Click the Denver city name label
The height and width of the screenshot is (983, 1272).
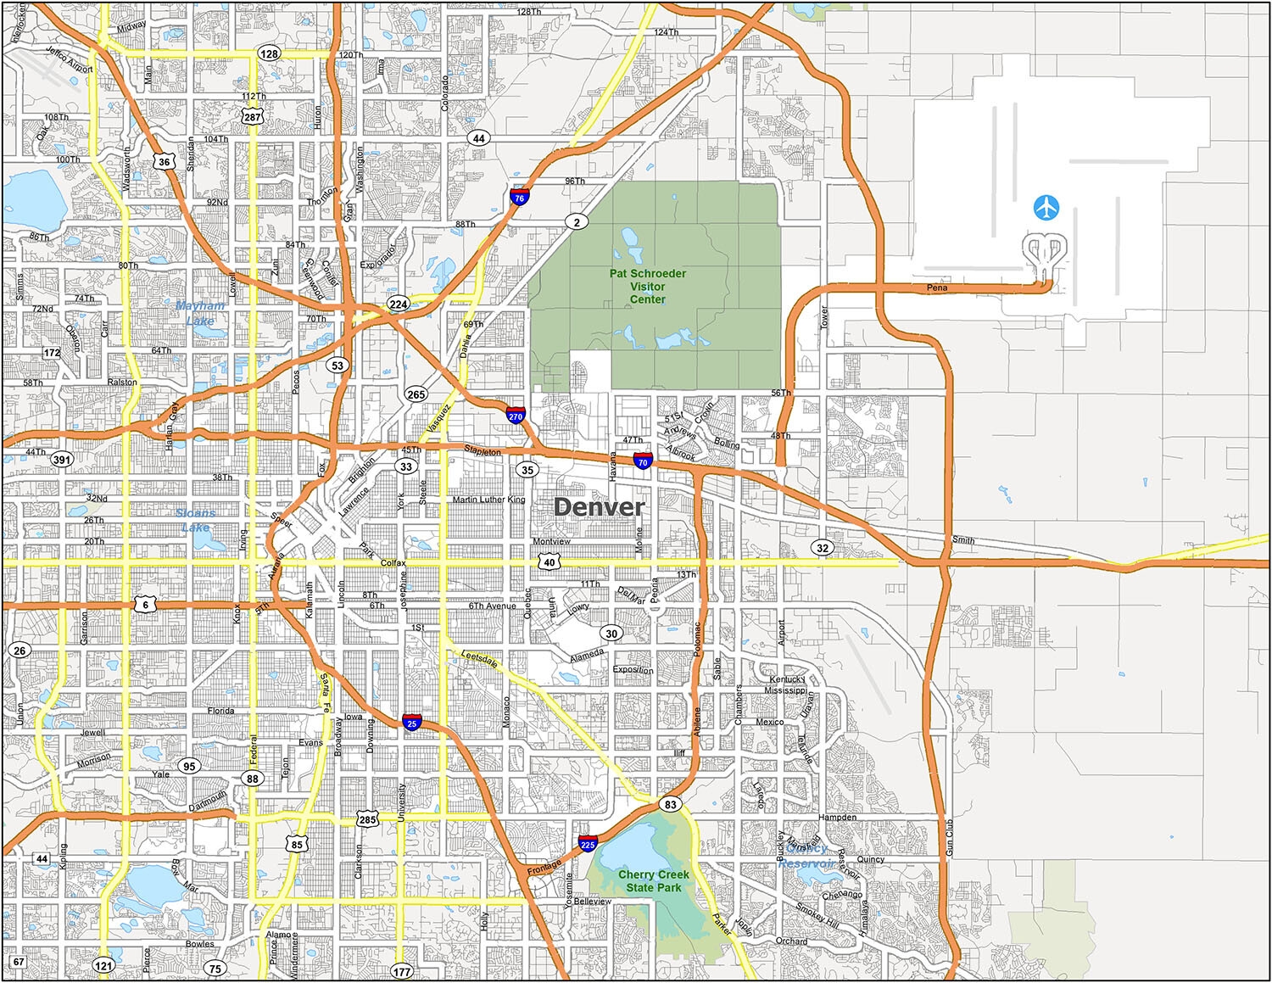point(599,507)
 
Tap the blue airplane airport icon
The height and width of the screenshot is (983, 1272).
point(1046,207)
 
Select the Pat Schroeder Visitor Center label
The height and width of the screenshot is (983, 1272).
point(647,286)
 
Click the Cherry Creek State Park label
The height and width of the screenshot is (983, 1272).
point(653,880)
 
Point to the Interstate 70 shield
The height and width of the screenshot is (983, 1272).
point(642,461)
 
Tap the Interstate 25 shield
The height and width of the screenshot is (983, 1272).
point(412,723)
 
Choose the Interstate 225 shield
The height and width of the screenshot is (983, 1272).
point(588,844)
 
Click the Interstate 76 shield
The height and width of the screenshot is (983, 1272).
point(519,197)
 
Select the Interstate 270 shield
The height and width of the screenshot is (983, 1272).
point(516,416)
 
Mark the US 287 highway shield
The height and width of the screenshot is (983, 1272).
point(253,116)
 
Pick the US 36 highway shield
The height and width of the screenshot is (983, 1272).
point(165,161)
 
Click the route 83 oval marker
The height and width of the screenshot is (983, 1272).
point(671,804)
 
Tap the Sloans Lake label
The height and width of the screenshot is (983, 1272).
point(196,520)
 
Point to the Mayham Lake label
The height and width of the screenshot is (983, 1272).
point(201,313)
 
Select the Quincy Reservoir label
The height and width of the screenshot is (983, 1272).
point(806,856)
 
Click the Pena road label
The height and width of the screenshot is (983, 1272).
point(937,288)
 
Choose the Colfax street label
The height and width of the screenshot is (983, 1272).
point(393,563)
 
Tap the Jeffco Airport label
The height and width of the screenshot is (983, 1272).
point(69,59)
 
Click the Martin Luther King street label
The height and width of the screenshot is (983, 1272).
point(488,500)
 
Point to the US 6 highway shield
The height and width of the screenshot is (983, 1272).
point(146,605)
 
